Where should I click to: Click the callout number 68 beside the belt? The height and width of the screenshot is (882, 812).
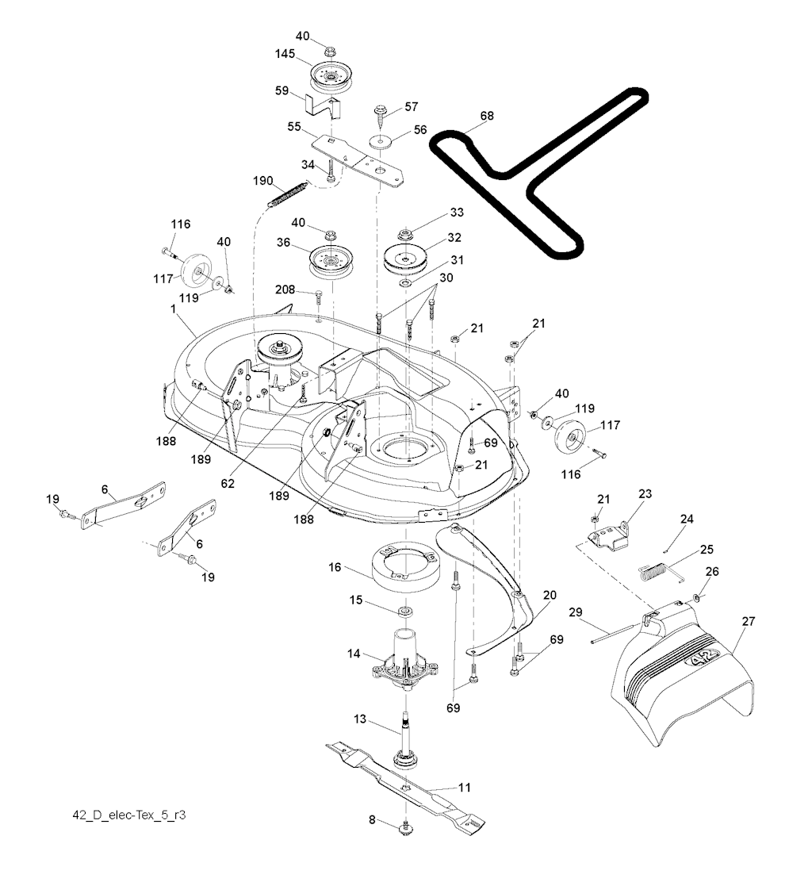(486, 116)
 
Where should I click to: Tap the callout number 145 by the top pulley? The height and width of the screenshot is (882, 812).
(285, 56)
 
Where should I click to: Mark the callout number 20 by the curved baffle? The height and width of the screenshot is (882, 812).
(549, 594)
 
